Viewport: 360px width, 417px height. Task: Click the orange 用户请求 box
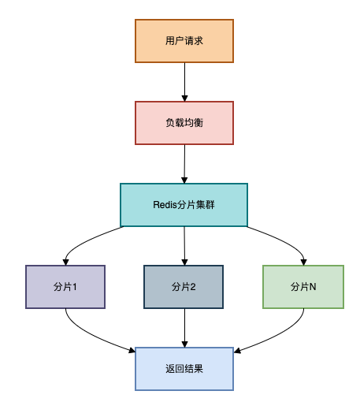[x=184, y=41]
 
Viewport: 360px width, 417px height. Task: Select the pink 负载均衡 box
[x=184, y=123]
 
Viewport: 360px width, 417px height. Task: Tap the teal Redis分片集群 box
[x=184, y=205]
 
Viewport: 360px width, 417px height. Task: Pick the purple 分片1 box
[x=65, y=286]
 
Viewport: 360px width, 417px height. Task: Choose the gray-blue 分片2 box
[x=184, y=286]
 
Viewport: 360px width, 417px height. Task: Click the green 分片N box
[x=303, y=286]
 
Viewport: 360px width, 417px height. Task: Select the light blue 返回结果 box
[x=184, y=368]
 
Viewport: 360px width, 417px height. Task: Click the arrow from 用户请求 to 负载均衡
[x=184, y=81]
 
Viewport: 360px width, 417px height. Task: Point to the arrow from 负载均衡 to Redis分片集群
[x=184, y=163]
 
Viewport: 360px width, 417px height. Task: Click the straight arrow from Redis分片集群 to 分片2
[x=184, y=245]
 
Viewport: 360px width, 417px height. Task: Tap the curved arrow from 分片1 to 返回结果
[x=87, y=335]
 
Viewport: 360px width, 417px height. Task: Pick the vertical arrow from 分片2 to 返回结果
[x=184, y=327]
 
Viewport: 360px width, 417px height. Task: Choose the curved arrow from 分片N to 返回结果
[x=282, y=335]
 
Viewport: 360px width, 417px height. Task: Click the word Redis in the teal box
[x=166, y=205]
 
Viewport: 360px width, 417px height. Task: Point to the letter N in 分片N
[x=313, y=287]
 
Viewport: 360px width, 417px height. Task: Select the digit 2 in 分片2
[x=193, y=287]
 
